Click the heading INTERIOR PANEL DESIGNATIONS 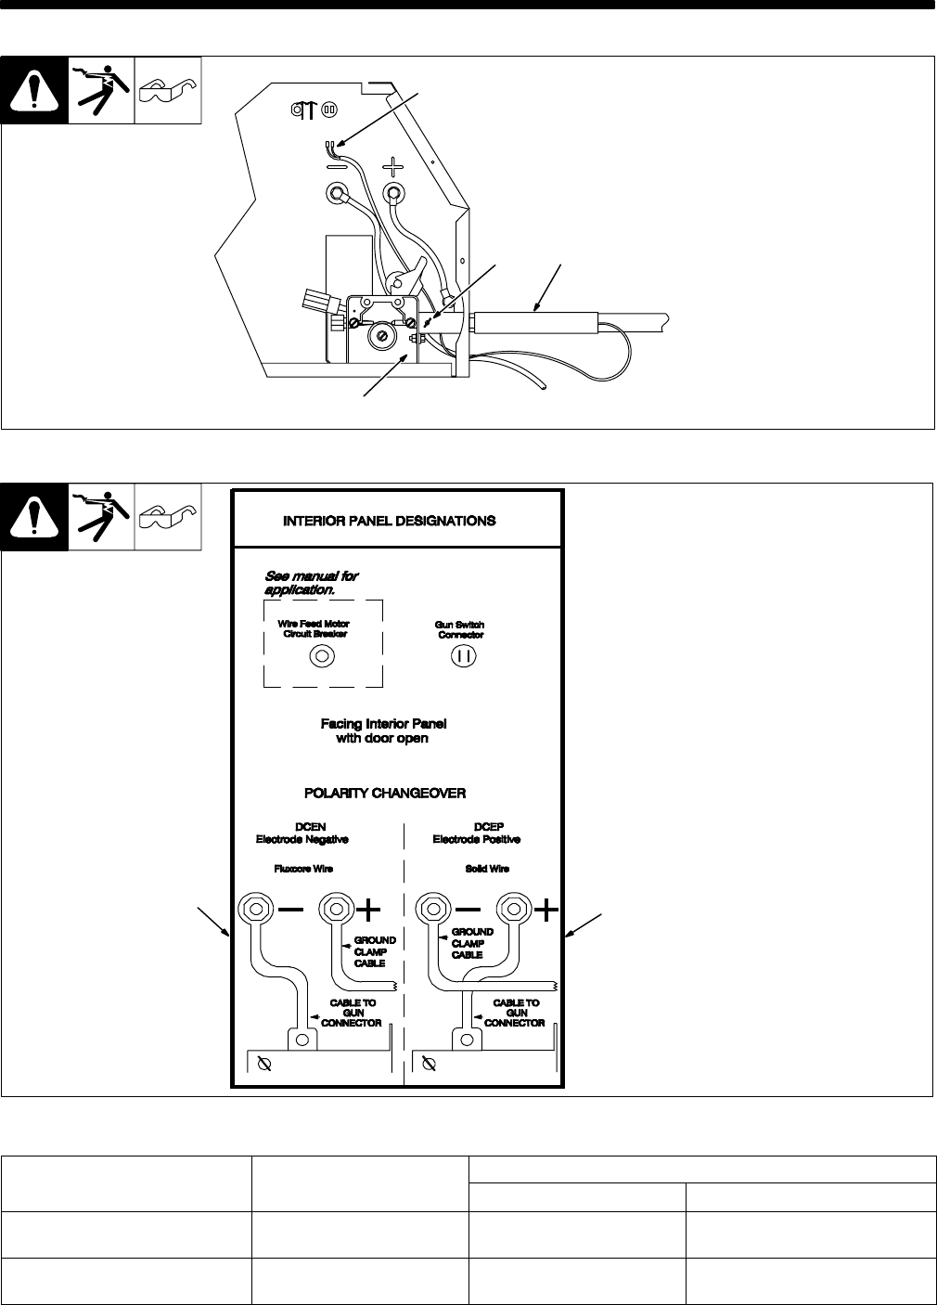point(389,521)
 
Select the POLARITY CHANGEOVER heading point(385,794)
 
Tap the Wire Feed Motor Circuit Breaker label point(314,628)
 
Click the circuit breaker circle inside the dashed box point(321,656)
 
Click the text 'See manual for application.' point(312,582)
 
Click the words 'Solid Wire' point(482,869)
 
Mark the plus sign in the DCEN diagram point(369,909)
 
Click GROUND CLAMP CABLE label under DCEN point(375,951)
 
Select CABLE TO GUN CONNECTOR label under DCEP point(515,1013)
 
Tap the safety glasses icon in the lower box point(168,513)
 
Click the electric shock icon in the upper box point(101,90)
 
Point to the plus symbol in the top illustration point(394,167)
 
